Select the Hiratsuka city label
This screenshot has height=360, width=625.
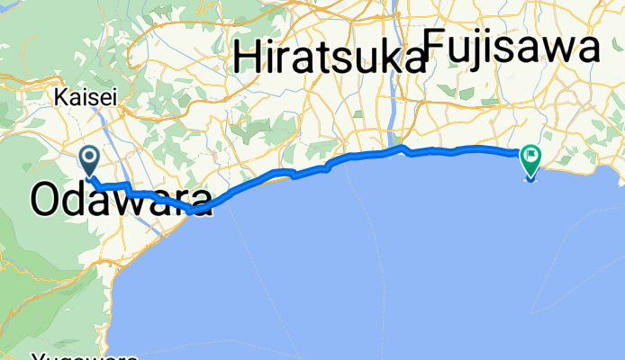click(x=329, y=59)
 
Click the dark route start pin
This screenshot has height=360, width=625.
click(x=91, y=160)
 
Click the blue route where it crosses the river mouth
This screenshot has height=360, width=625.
click(x=401, y=148)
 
